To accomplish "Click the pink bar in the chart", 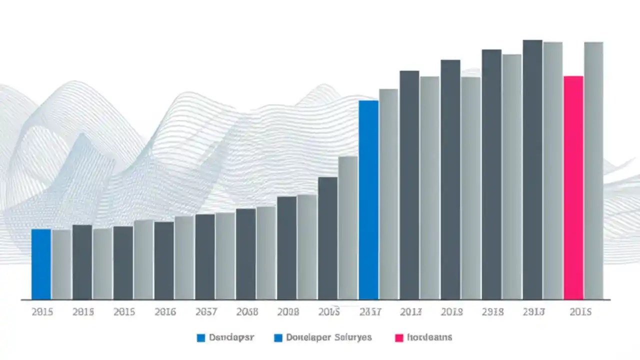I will (573, 187).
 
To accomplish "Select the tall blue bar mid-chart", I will (368, 200).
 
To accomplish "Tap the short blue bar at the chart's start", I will (41, 264).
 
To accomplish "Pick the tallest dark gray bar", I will (532, 169).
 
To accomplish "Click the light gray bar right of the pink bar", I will (593, 170).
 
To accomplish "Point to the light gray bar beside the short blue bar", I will (61, 264).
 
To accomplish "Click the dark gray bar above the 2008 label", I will (286, 248).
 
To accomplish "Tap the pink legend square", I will (398, 338).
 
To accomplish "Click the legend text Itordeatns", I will (429, 337).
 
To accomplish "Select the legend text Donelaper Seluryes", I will (329, 337).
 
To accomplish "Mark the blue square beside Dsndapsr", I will (201, 338).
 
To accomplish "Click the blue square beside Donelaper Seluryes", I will (278, 338).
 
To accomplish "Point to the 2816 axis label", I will (165, 312).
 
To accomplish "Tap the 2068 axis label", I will (247, 312).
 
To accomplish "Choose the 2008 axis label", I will (288, 312).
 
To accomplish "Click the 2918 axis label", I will (492, 312).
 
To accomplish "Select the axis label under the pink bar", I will (580, 312).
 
